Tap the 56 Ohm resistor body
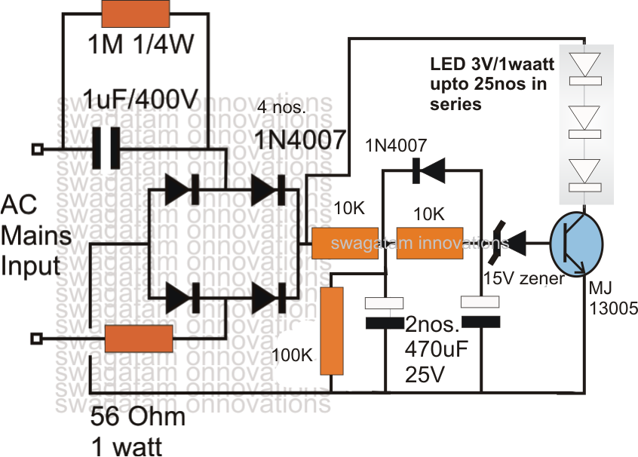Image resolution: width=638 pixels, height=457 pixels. tap(138, 339)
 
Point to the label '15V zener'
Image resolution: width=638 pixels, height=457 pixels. tap(520, 279)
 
